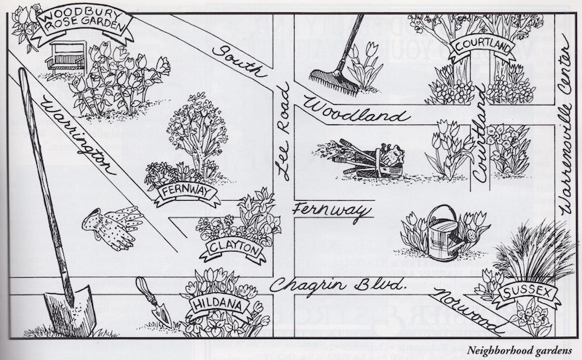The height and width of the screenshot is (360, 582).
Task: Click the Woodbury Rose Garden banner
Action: coord(82,23)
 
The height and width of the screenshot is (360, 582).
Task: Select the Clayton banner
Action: coord(233,249)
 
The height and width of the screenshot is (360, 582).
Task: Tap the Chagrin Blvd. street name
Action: coord(337,286)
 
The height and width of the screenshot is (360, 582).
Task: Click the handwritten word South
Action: coord(239,61)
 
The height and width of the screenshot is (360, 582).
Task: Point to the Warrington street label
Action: coord(79,135)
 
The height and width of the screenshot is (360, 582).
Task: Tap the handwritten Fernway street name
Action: coord(332,212)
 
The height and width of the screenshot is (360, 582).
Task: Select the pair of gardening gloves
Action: coord(113,227)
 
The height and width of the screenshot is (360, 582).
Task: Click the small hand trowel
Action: coord(154,302)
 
